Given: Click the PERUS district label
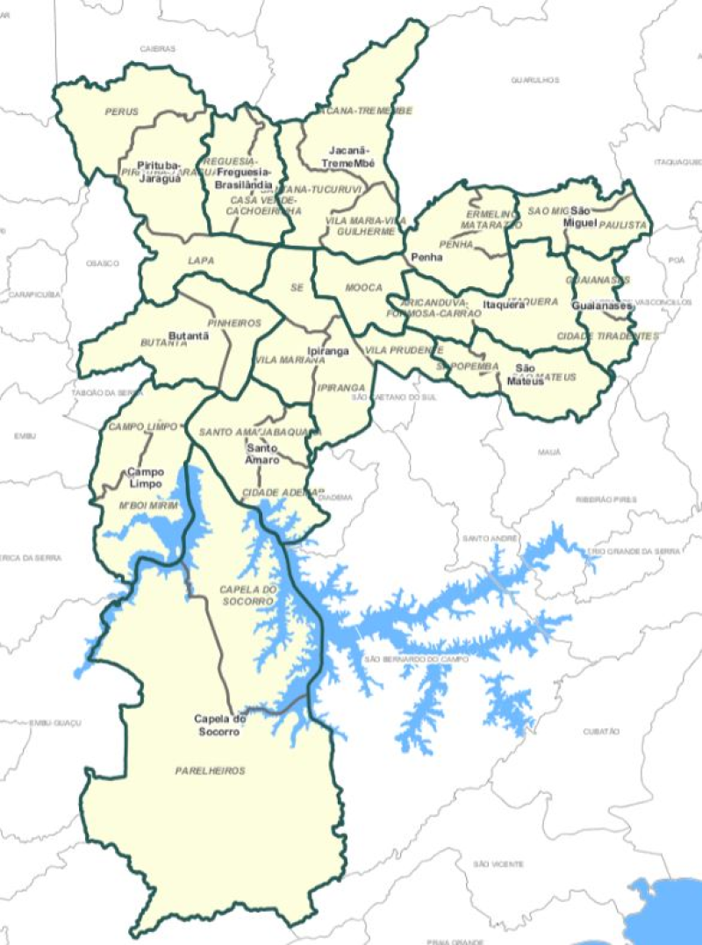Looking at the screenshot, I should [121, 111].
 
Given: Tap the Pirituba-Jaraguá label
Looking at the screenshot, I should [159, 172].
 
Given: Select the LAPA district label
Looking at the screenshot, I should [201, 261].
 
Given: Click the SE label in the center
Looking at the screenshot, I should [295, 287].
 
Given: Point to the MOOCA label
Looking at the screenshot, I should [363, 287].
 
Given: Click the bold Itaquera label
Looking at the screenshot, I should [504, 305].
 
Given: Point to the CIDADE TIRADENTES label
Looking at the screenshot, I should [607, 336].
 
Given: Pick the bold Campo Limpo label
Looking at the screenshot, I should [146, 477].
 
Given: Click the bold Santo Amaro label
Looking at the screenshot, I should [262, 455].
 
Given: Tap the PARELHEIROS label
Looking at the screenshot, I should [210, 770].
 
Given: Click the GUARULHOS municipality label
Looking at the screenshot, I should [535, 80].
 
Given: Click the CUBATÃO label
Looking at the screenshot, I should [601, 731].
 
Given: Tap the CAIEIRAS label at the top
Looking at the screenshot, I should [158, 49].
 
